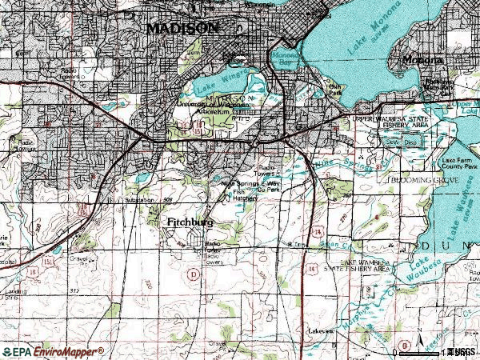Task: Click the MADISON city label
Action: (182, 27)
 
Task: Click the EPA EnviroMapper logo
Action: (53, 351)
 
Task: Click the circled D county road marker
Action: (192, 274)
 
